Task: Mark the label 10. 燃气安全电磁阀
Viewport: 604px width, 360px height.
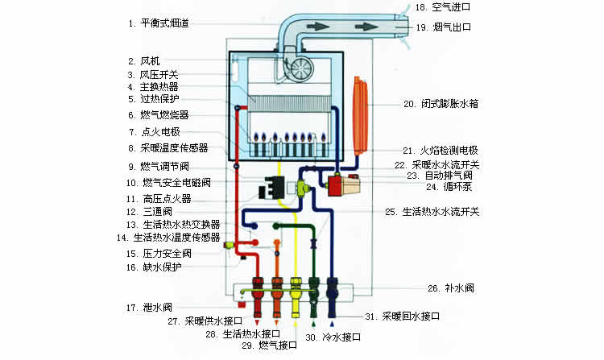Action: (x=172, y=183)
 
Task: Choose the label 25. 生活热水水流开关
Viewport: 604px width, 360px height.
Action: (x=441, y=212)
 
